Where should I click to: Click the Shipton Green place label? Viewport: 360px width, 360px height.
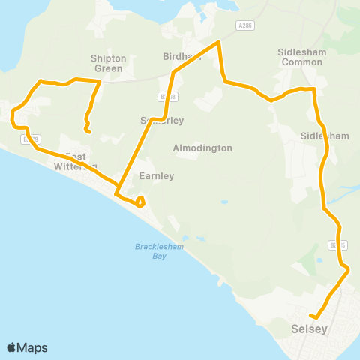108,63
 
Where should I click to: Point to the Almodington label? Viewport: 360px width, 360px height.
202,148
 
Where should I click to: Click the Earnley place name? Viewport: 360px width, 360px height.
157,176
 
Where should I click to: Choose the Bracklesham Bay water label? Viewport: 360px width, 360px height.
160,250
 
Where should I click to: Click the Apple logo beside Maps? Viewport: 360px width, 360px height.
11,347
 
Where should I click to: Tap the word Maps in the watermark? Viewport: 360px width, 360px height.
32,347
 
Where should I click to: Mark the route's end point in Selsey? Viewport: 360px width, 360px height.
317,318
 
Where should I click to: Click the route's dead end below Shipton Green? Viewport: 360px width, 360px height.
88,133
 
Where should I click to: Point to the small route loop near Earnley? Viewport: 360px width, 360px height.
140,200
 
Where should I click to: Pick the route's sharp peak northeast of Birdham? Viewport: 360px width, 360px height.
217,43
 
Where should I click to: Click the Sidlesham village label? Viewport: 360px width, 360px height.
325,136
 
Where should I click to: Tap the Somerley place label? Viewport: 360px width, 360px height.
162,121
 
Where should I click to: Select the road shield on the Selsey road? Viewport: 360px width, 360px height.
337,244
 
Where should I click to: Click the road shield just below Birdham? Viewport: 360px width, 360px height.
168,97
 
